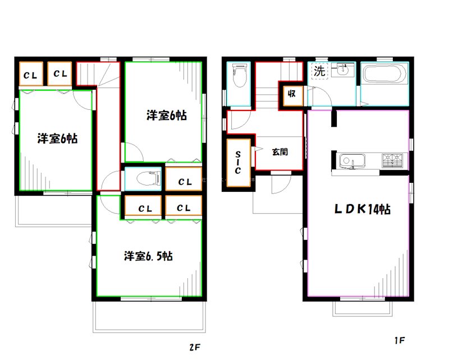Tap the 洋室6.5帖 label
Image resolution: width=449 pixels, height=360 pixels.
(x=148, y=256)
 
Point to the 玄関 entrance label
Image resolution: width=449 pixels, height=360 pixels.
(x=280, y=151)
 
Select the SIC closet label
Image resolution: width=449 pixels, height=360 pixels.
(x=239, y=162)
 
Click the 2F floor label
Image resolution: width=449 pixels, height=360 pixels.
(x=194, y=347)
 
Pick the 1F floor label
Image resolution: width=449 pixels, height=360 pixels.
(x=399, y=340)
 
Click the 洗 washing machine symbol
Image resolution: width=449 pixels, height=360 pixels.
(x=319, y=71)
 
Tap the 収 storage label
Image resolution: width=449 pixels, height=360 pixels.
(x=292, y=94)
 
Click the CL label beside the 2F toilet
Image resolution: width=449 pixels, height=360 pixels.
(x=185, y=182)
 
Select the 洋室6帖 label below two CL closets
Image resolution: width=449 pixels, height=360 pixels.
(x=57, y=139)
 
